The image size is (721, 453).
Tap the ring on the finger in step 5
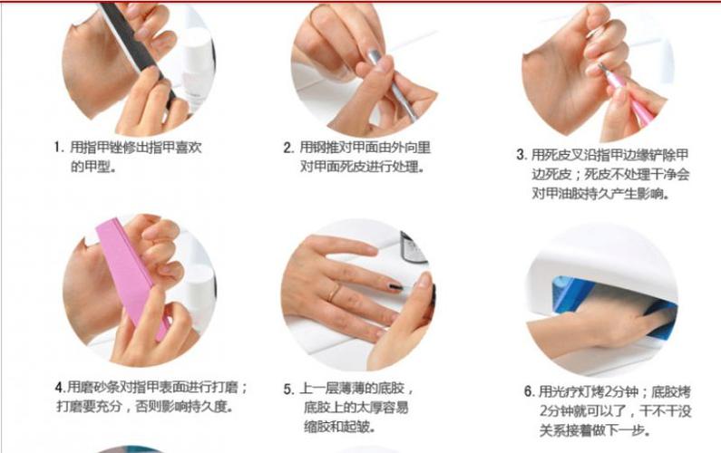click(336, 293)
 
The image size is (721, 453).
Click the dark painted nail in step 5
click(396, 286)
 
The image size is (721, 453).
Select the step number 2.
click(287, 147)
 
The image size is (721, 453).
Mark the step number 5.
click(287, 389)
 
